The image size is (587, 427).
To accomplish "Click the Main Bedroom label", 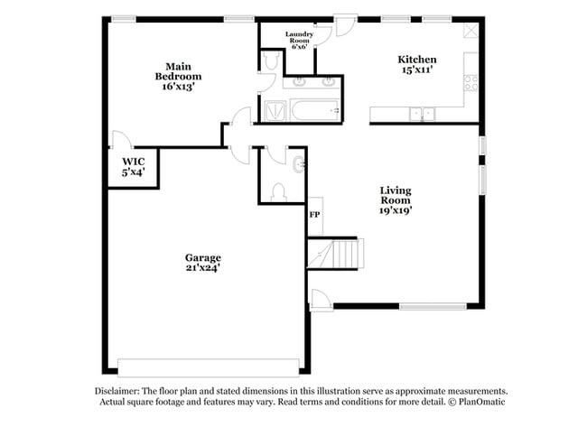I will pyautogui.click(x=177, y=76).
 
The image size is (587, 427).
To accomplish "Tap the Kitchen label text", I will pyautogui.click(x=417, y=65).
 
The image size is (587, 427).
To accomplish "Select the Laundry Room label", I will pyautogui.click(x=299, y=40).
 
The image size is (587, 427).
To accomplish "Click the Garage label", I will pyautogui.click(x=203, y=262).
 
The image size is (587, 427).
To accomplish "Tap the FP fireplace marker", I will pyautogui.click(x=314, y=215).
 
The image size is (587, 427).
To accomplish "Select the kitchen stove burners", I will pyautogui.click(x=471, y=82).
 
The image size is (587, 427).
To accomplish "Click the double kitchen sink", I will pyautogui.click(x=421, y=114).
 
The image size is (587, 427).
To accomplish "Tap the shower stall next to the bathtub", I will pyautogui.click(x=273, y=110).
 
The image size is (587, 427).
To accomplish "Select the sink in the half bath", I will pyautogui.click(x=299, y=164).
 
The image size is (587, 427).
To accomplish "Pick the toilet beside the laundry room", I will pyautogui.click(x=269, y=60).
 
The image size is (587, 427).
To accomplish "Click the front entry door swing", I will pyautogui.click(x=320, y=300).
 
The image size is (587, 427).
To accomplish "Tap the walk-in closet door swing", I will pyautogui.click(x=121, y=141).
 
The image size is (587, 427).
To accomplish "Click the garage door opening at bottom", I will pyautogui.click(x=208, y=367).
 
